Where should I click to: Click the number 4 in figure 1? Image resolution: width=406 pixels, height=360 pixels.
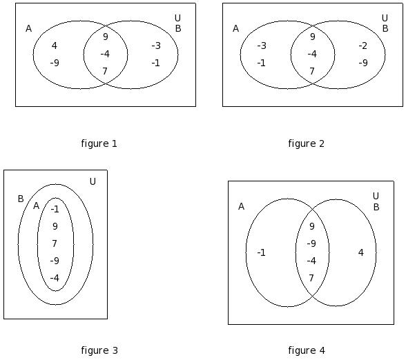click(x=54, y=46)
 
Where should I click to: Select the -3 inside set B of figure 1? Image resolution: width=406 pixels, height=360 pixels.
click(x=156, y=46)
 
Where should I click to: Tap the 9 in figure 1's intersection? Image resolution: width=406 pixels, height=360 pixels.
click(x=106, y=37)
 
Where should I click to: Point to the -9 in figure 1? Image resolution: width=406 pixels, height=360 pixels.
click(x=55, y=63)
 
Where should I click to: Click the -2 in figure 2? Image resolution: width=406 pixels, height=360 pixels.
click(x=363, y=46)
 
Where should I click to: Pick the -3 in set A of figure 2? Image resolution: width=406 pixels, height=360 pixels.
click(x=262, y=46)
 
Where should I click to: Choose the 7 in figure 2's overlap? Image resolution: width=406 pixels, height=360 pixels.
click(x=312, y=71)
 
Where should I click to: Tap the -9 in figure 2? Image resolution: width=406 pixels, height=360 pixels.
click(x=363, y=63)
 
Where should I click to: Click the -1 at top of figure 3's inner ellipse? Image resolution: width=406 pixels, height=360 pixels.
click(x=55, y=209)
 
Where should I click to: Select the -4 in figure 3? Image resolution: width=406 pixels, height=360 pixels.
click(x=55, y=278)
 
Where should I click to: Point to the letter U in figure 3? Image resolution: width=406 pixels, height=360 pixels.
click(x=93, y=181)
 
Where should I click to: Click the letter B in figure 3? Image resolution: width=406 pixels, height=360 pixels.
click(x=21, y=199)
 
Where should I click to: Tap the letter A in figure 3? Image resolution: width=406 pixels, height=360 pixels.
click(x=36, y=206)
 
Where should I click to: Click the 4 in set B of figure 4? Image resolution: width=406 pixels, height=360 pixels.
click(x=361, y=252)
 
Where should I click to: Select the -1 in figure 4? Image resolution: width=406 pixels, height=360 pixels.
click(x=261, y=252)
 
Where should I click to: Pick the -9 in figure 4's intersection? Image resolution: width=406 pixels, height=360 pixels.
click(x=311, y=243)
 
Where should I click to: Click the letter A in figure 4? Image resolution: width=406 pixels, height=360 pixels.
click(x=241, y=207)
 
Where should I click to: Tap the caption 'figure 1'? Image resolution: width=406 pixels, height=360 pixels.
click(x=99, y=143)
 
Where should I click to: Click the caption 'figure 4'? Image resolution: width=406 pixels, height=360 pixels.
click(x=307, y=350)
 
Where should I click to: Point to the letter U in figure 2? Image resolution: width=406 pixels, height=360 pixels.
click(x=385, y=18)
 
